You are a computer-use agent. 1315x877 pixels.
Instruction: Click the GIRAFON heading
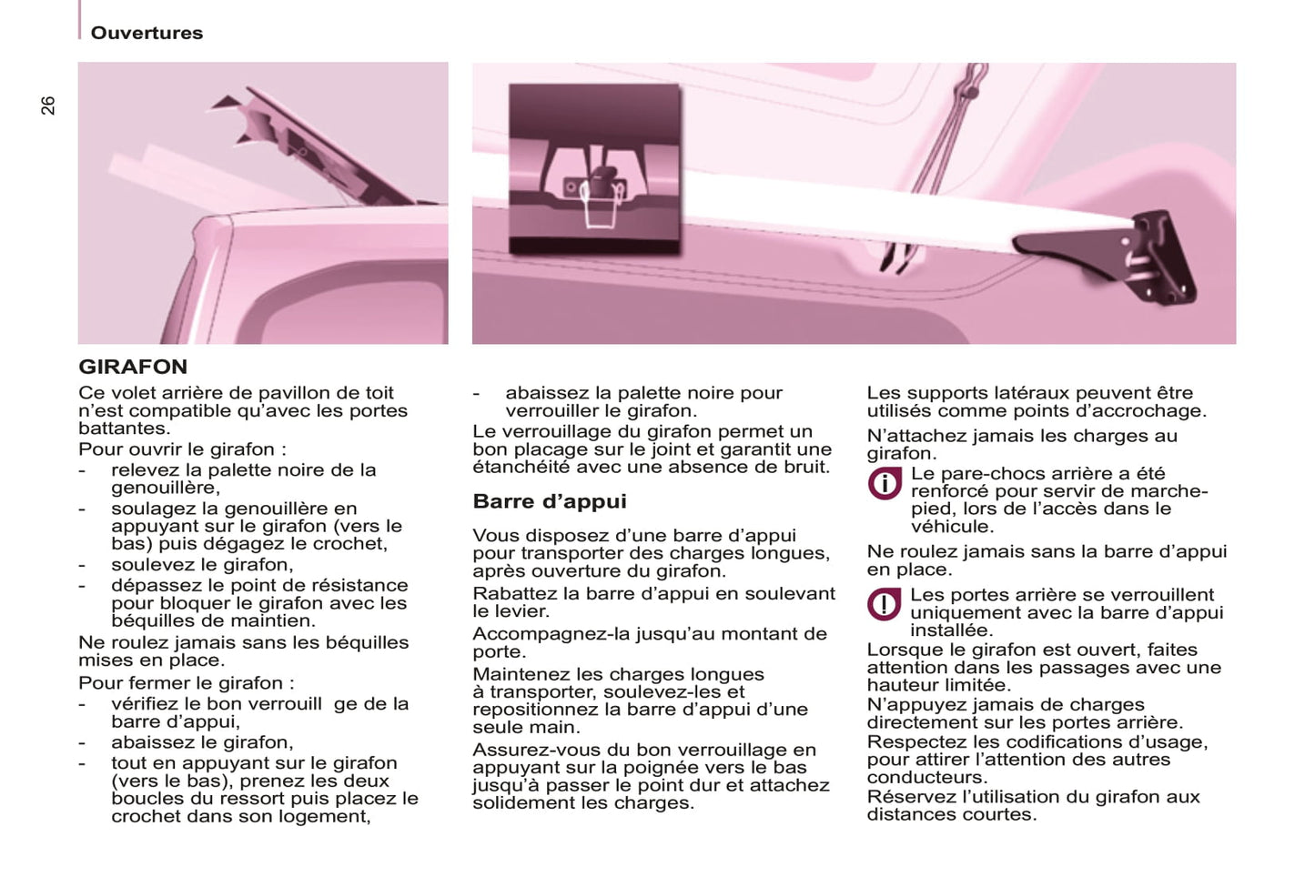pyautogui.click(x=133, y=367)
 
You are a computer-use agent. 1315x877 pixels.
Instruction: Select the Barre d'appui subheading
pyautogui.click(x=550, y=501)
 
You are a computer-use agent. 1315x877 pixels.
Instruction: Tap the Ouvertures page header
pyautogui.click(x=147, y=33)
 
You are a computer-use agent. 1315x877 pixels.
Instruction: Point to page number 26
pyautogui.click(x=48, y=106)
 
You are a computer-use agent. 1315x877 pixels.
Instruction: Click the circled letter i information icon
pyautogui.click(x=884, y=483)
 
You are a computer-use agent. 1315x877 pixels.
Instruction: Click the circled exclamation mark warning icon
pyautogui.click(x=884, y=604)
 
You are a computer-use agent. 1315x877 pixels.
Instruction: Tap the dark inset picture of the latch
pyautogui.click(x=594, y=168)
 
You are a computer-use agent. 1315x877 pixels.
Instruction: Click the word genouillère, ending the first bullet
pyautogui.click(x=165, y=488)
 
